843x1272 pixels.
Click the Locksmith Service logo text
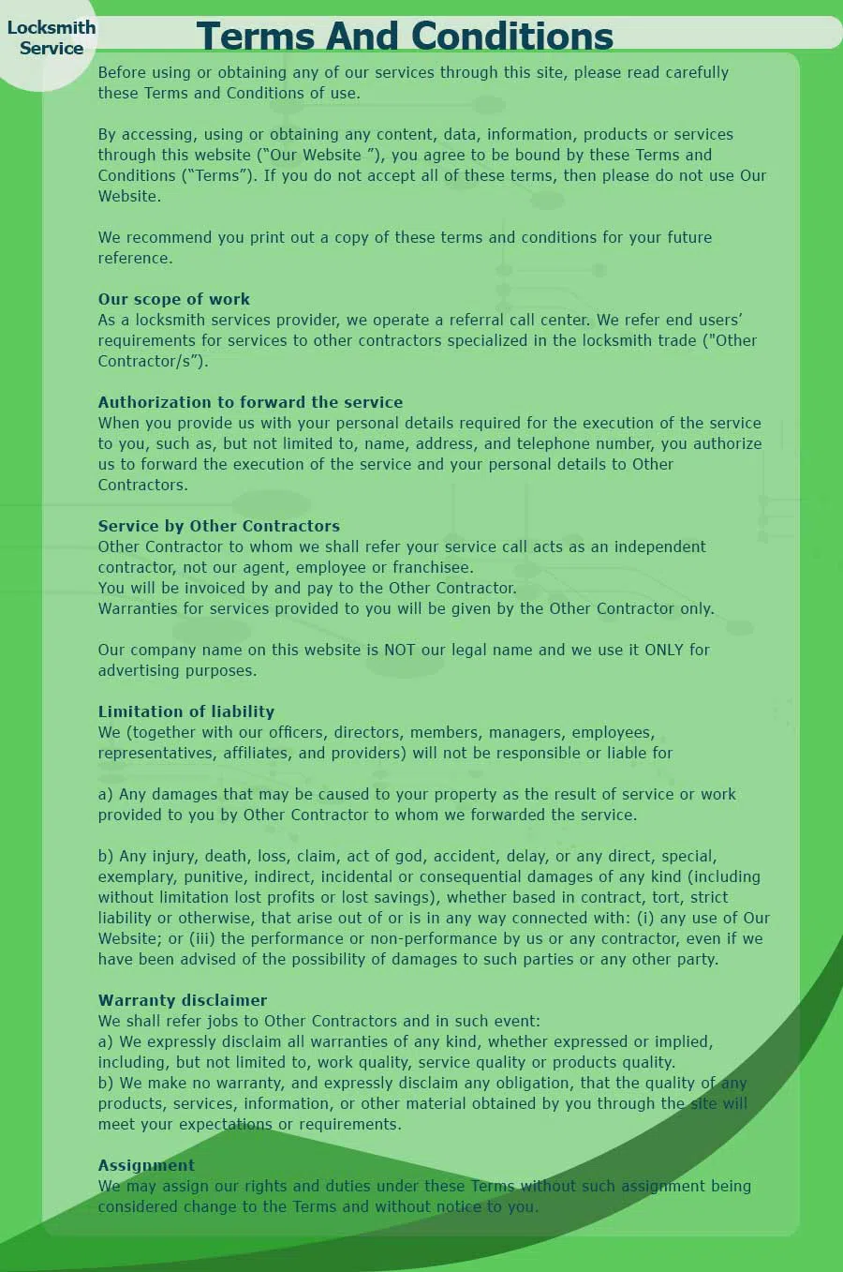pyautogui.click(x=52, y=37)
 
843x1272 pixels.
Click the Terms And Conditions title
pyautogui.click(x=405, y=37)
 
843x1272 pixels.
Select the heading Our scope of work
pyautogui.click(x=174, y=299)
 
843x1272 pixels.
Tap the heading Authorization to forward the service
pyautogui.click(x=250, y=402)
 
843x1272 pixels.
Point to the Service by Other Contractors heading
pyautogui.click(x=218, y=526)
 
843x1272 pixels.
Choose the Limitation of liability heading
pyautogui.click(x=186, y=711)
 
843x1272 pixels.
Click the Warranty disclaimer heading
pyautogui.click(x=183, y=1000)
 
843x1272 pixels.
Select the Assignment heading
pyautogui.click(x=146, y=1165)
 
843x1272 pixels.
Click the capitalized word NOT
pyautogui.click(x=400, y=650)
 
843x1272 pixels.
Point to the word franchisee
pyautogui.click(x=432, y=567)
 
